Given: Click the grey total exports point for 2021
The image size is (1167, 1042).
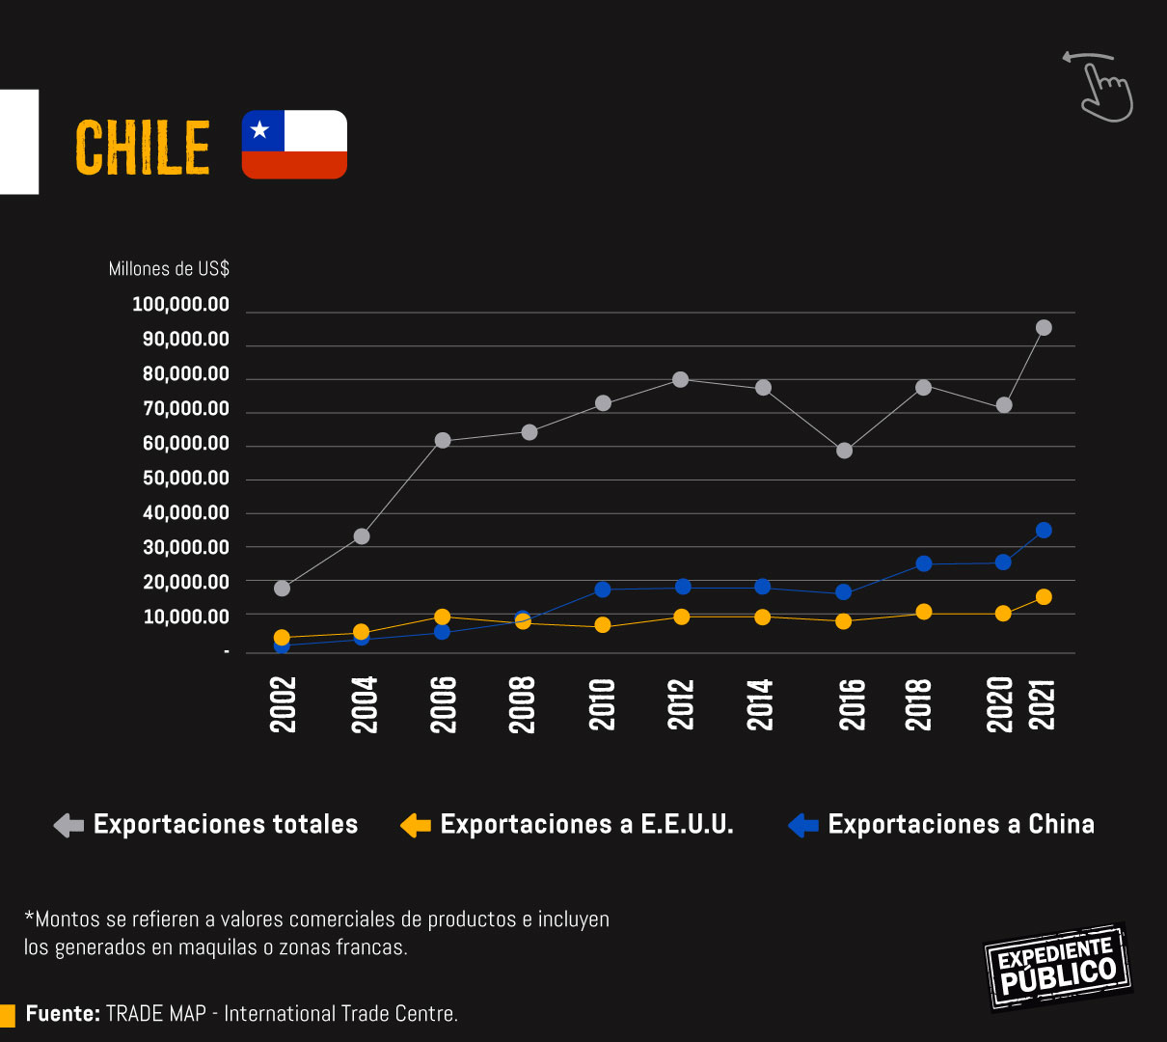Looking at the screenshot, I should (1044, 328).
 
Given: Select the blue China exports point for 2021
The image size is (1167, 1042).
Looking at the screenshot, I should (1044, 531).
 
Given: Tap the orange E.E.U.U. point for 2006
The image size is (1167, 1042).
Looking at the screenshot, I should (443, 617).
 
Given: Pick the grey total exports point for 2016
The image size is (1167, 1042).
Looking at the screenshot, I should (845, 451).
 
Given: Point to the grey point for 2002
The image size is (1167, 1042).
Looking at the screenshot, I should (282, 589).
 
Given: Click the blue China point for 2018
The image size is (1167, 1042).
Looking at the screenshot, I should (924, 563).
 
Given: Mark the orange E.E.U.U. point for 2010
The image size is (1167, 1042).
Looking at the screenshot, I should (603, 625).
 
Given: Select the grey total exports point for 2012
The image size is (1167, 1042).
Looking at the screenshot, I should (681, 380).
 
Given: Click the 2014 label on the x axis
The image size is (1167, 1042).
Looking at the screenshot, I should (761, 704).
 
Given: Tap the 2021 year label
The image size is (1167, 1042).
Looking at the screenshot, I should (1044, 704).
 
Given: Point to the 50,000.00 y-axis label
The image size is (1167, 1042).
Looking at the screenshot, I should (186, 479).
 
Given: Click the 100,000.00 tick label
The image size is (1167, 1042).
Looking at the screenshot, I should (180, 305).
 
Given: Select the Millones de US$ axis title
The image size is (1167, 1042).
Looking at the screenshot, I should (169, 269).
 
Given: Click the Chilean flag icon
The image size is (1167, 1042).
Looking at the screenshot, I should (294, 145).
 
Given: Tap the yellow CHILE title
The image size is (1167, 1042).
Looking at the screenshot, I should (143, 149).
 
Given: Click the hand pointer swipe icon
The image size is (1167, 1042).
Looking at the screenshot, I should (1101, 87).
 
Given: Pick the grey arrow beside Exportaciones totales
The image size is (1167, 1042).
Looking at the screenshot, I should (68, 826).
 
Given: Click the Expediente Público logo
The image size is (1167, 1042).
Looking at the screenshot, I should (1057, 967).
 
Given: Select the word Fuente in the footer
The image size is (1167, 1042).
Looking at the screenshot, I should (63, 1014).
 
